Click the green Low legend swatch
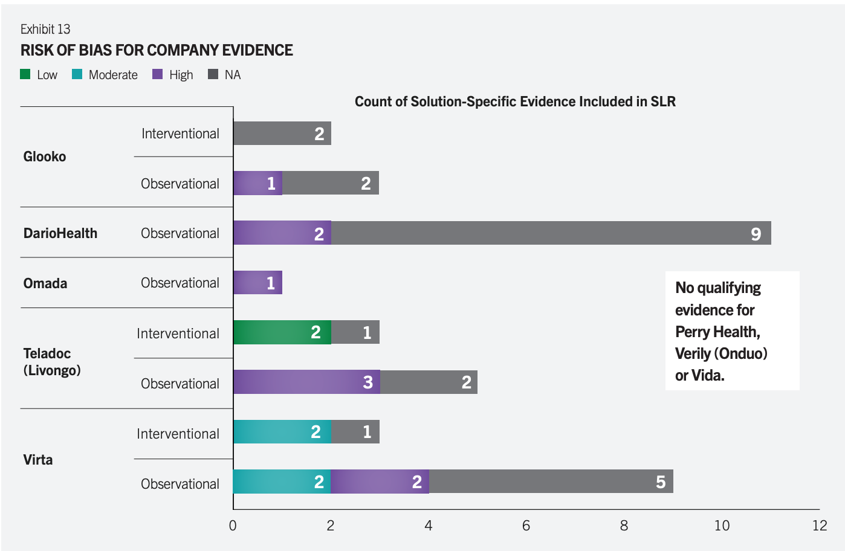coord(25,74)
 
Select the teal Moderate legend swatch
coord(77,74)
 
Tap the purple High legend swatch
coord(158,74)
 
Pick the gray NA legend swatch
coord(213,74)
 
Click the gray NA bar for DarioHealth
coord(551,233)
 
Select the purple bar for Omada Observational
coord(257,283)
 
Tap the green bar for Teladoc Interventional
coord(282,332)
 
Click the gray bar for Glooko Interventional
coord(282,134)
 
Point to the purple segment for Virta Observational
coord(380,482)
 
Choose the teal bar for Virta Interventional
coord(282,432)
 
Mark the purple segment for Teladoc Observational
coord(306,382)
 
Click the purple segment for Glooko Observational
coord(257,183)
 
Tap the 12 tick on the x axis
coord(820,526)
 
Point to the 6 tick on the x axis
coord(526,526)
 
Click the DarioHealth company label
coord(60,233)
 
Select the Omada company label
coord(45,283)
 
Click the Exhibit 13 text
coord(45,29)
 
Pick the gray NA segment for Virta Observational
coord(551,482)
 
